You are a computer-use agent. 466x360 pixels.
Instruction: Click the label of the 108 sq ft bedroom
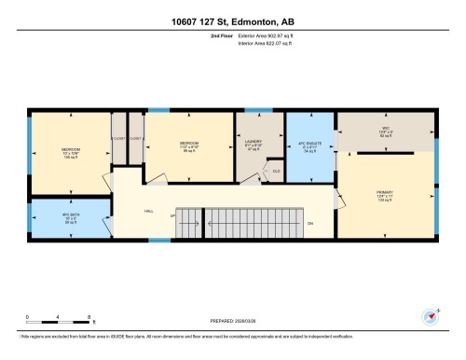[71, 154]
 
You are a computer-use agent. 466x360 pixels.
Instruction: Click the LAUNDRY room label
[254, 145]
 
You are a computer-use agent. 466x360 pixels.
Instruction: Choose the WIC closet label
[383, 132]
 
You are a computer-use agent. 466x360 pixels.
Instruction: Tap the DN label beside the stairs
[309, 223]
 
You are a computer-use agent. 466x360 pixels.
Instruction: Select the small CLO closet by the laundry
[276, 171]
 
